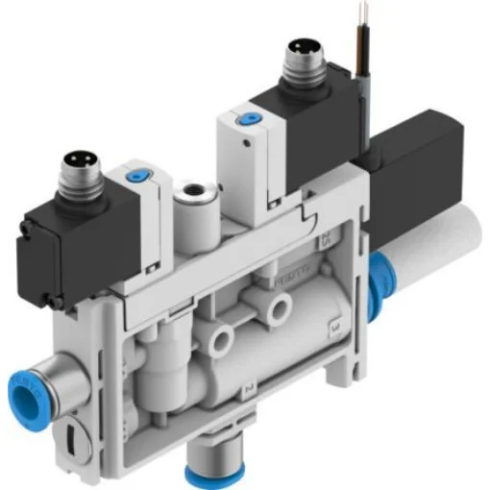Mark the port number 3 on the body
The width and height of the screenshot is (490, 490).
click(332, 327)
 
